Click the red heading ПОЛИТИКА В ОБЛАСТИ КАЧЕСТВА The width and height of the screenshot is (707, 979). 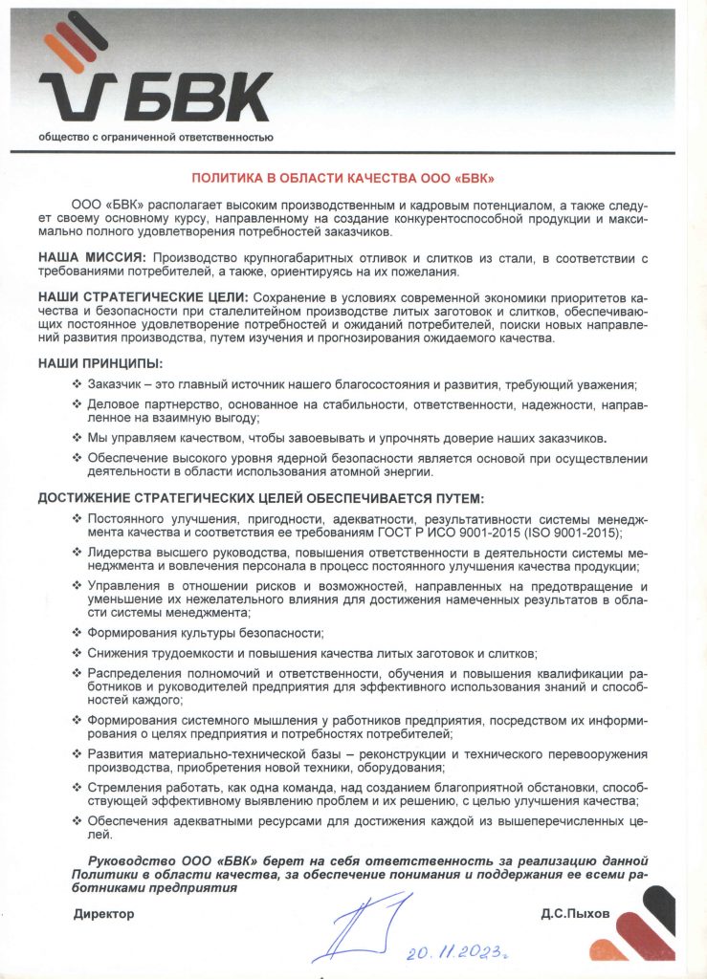coord(343,179)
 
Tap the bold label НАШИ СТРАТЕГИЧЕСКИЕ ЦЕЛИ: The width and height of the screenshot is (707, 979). coord(144,297)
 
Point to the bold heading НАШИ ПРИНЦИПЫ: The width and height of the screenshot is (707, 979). coord(100,363)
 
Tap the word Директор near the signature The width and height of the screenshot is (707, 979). coord(104,914)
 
